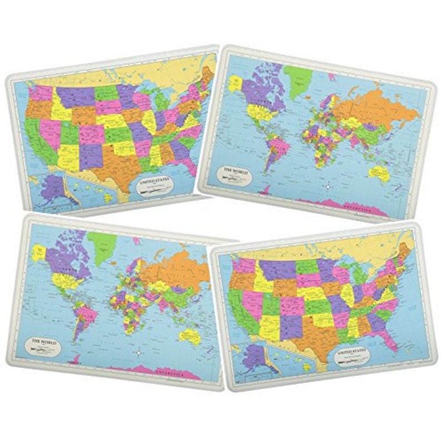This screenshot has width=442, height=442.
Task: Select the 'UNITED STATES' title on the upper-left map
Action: pos(155,181)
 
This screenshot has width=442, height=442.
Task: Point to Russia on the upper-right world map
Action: pos(379,106)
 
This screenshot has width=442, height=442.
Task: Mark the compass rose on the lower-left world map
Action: pos(137,352)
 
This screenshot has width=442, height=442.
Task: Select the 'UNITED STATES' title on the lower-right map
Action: pos(355,353)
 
